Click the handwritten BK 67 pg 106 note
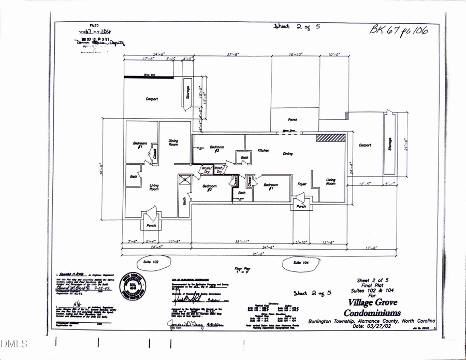399,30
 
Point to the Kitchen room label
264,151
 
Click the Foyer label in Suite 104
302,184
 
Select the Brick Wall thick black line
149,77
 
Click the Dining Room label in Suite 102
173,142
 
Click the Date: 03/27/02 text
374,326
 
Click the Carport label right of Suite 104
365,146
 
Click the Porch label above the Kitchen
293,120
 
